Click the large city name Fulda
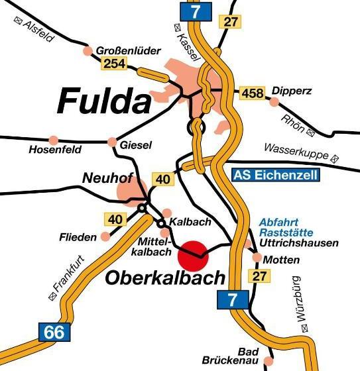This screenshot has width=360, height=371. click(x=104, y=101)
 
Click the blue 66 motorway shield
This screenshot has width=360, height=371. click(x=56, y=331)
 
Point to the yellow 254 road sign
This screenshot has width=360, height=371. click(x=113, y=64)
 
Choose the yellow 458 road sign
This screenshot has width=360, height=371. click(x=251, y=93)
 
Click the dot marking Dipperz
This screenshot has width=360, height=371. click(x=274, y=101)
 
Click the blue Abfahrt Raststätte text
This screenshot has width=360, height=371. click(x=280, y=228)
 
